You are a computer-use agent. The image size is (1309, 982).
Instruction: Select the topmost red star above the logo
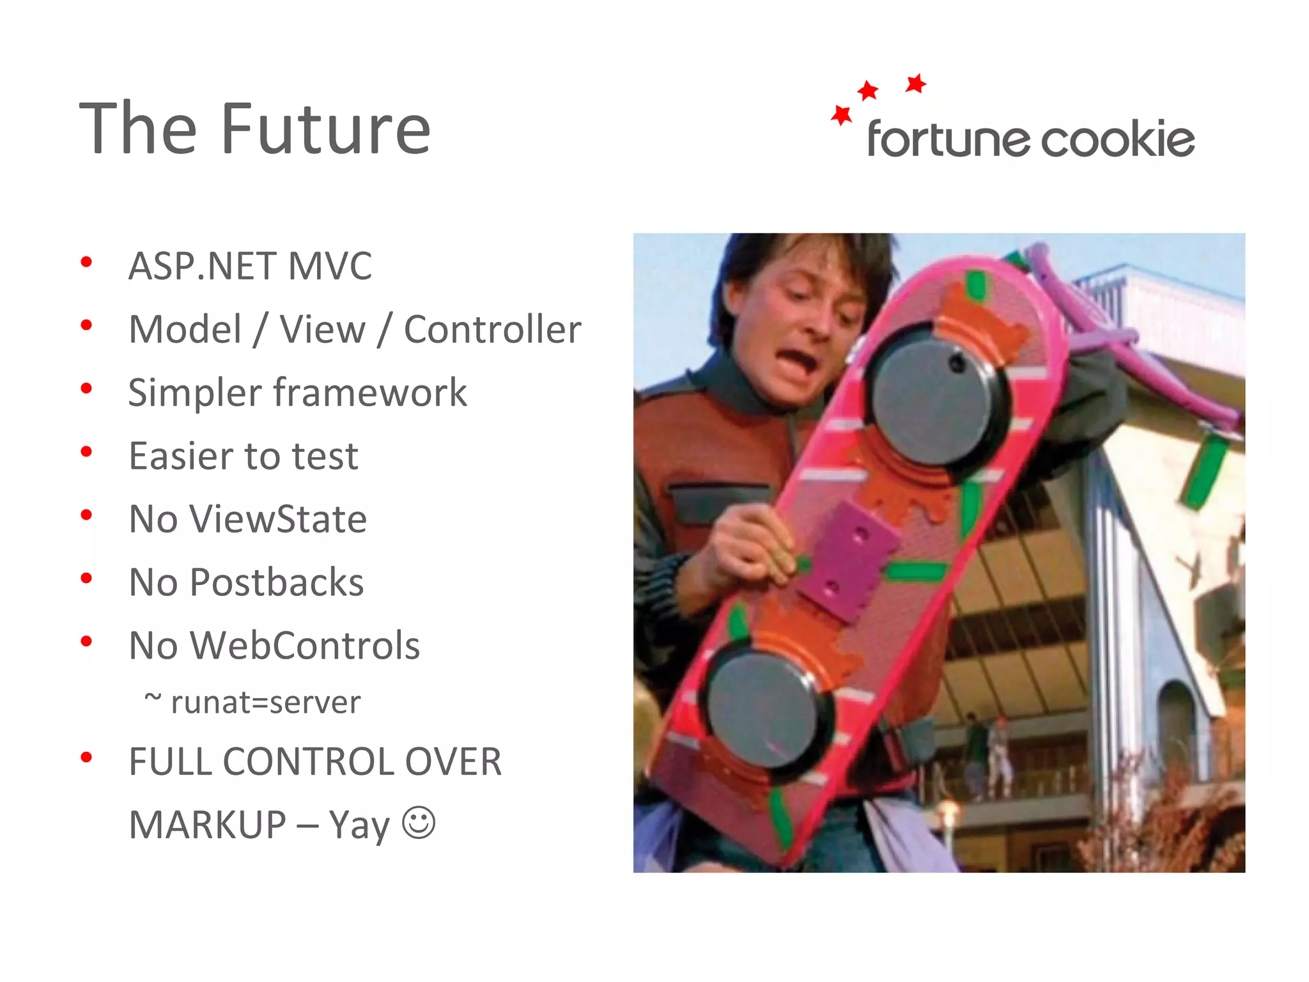[916, 83]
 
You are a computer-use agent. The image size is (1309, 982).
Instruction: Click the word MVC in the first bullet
[330, 266]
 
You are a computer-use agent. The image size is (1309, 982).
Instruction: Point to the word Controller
[492, 329]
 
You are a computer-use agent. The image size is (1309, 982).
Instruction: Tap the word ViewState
[279, 518]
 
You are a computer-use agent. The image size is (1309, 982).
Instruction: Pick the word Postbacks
[277, 582]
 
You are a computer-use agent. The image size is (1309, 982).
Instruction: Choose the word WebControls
[306, 645]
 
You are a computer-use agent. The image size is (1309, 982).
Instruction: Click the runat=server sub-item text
[265, 703]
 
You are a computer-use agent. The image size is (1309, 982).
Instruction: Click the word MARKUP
[207, 825]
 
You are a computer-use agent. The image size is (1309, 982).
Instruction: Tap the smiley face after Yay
[419, 822]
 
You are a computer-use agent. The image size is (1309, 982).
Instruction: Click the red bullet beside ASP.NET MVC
[86, 262]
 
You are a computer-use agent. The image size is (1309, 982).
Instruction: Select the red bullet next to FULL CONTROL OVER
[86, 758]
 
